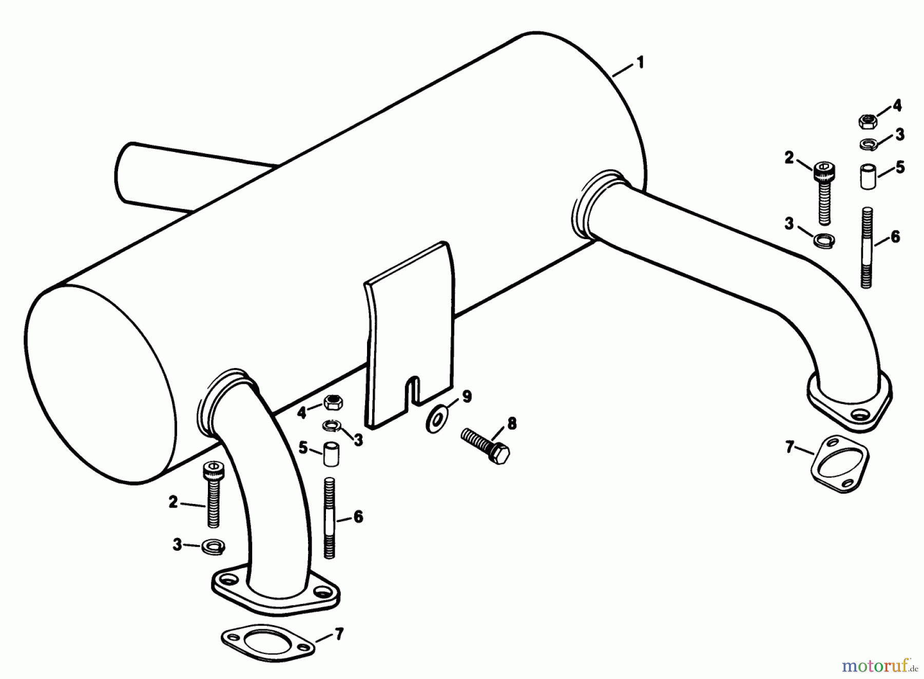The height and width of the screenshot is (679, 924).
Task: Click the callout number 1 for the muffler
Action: [x=640, y=63]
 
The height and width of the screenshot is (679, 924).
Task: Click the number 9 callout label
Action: [x=466, y=397]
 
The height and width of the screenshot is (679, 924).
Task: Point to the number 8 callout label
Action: [x=511, y=423]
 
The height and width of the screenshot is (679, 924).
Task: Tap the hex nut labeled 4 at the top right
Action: [x=868, y=122]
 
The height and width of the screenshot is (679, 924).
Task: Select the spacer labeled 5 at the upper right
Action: [x=868, y=177]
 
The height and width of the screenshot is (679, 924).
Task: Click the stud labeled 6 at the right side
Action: [x=867, y=247]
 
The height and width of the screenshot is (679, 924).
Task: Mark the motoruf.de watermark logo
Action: [x=879, y=666]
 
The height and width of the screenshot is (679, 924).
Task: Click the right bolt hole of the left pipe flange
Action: [x=323, y=593]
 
